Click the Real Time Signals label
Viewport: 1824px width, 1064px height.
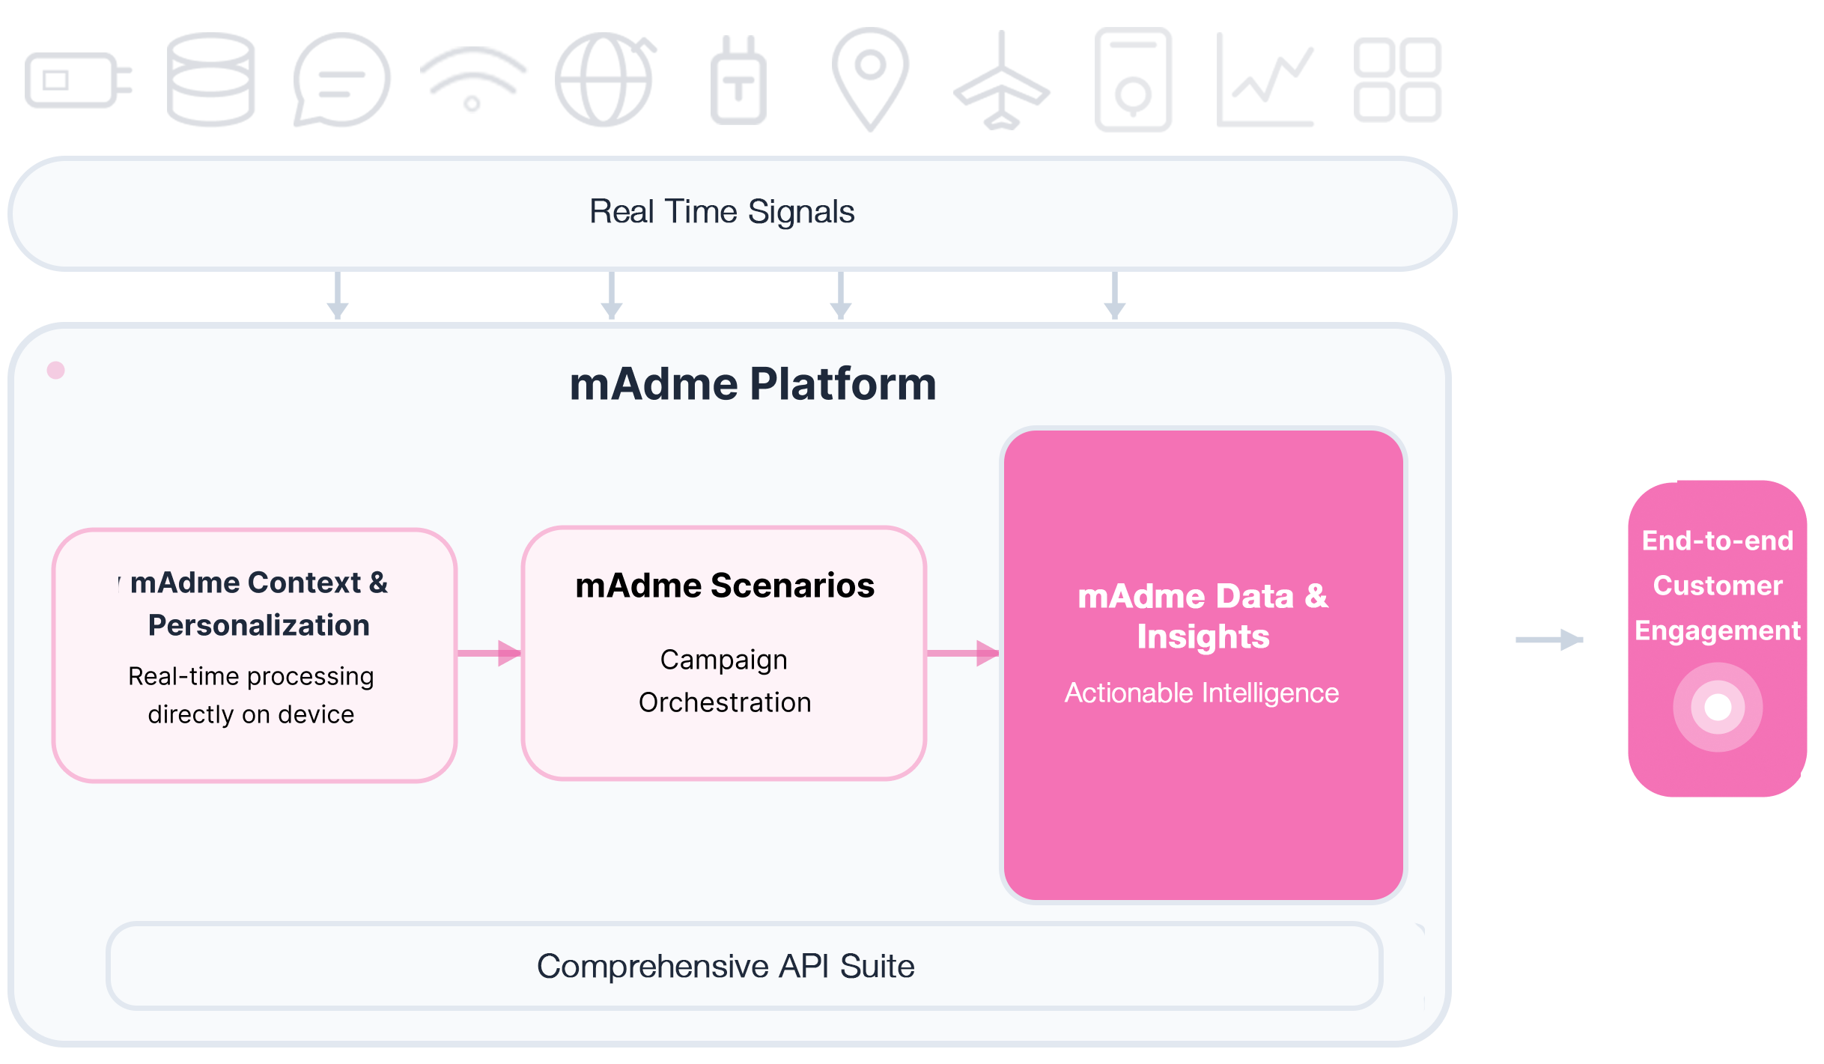(x=722, y=212)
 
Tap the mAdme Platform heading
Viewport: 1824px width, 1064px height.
(x=753, y=384)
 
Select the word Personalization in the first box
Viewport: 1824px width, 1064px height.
(x=258, y=625)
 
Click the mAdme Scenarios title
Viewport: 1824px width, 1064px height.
(x=724, y=586)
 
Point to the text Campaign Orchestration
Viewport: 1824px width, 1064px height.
(x=724, y=681)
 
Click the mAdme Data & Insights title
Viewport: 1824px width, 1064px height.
(x=1203, y=615)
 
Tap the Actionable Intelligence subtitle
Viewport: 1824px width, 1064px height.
(x=1202, y=693)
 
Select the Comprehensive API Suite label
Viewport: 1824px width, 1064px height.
(x=726, y=966)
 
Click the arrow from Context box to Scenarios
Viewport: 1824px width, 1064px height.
(x=490, y=653)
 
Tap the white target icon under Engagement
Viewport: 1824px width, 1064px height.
(x=1718, y=707)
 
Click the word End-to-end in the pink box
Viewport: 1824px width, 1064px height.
(x=1718, y=541)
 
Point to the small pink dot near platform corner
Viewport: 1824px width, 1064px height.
(x=56, y=370)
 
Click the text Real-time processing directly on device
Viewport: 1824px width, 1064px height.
(x=251, y=695)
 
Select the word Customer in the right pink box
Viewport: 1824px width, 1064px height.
(x=1718, y=586)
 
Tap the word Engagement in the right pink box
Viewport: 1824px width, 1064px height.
(x=1718, y=630)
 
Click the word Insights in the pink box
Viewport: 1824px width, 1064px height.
(x=1203, y=636)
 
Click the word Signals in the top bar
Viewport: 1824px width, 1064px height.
(x=801, y=212)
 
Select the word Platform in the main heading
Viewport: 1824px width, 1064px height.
(x=843, y=384)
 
